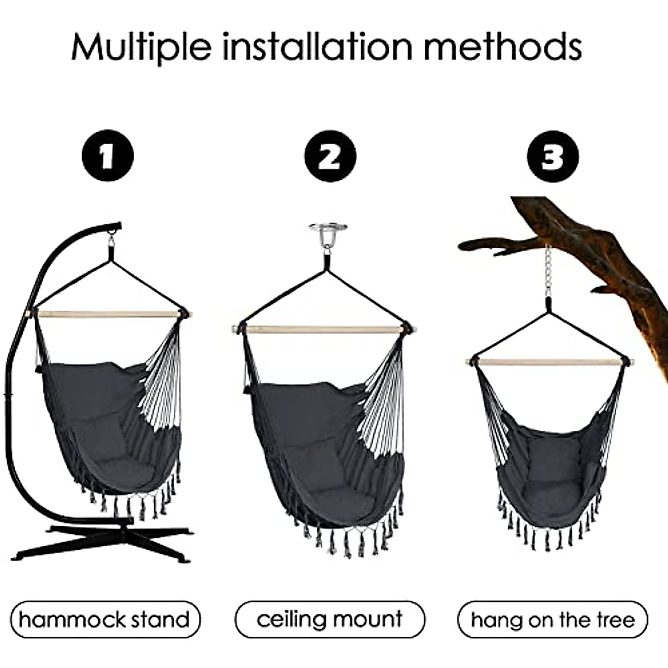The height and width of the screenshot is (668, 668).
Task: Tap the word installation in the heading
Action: click(318, 47)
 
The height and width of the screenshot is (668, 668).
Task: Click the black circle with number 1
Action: click(107, 156)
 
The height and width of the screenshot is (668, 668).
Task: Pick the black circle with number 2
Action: click(330, 156)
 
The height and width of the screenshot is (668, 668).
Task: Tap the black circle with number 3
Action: click(553, 156)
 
